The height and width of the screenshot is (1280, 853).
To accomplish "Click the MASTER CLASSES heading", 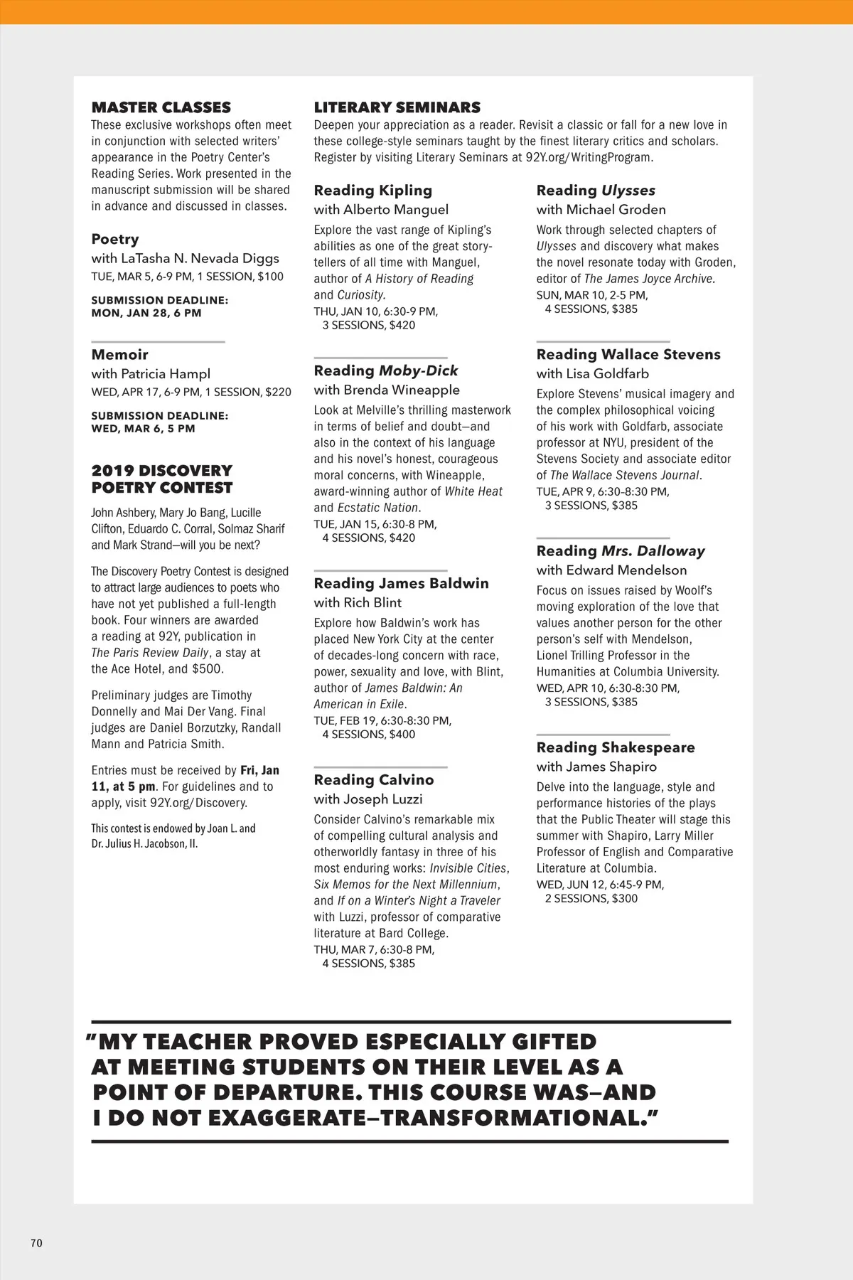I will (161, 107).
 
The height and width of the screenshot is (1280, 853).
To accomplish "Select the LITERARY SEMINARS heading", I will (397, 107).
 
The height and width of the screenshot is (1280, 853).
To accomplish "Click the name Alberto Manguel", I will (396, 209).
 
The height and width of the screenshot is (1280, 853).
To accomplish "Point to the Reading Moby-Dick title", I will (385, 370).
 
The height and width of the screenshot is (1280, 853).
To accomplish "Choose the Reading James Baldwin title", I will (401, 583).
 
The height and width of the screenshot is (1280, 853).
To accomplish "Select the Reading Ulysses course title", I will (596, 190).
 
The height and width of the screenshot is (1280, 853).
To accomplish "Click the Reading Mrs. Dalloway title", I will (621, 551).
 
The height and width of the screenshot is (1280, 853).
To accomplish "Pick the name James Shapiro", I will (611, 767).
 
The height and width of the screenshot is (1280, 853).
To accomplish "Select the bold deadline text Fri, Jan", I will (259, 770).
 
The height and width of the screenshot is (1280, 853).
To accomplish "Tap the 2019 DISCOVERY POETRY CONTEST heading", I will (161, 479).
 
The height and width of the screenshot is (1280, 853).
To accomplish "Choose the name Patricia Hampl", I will (165, 373).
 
